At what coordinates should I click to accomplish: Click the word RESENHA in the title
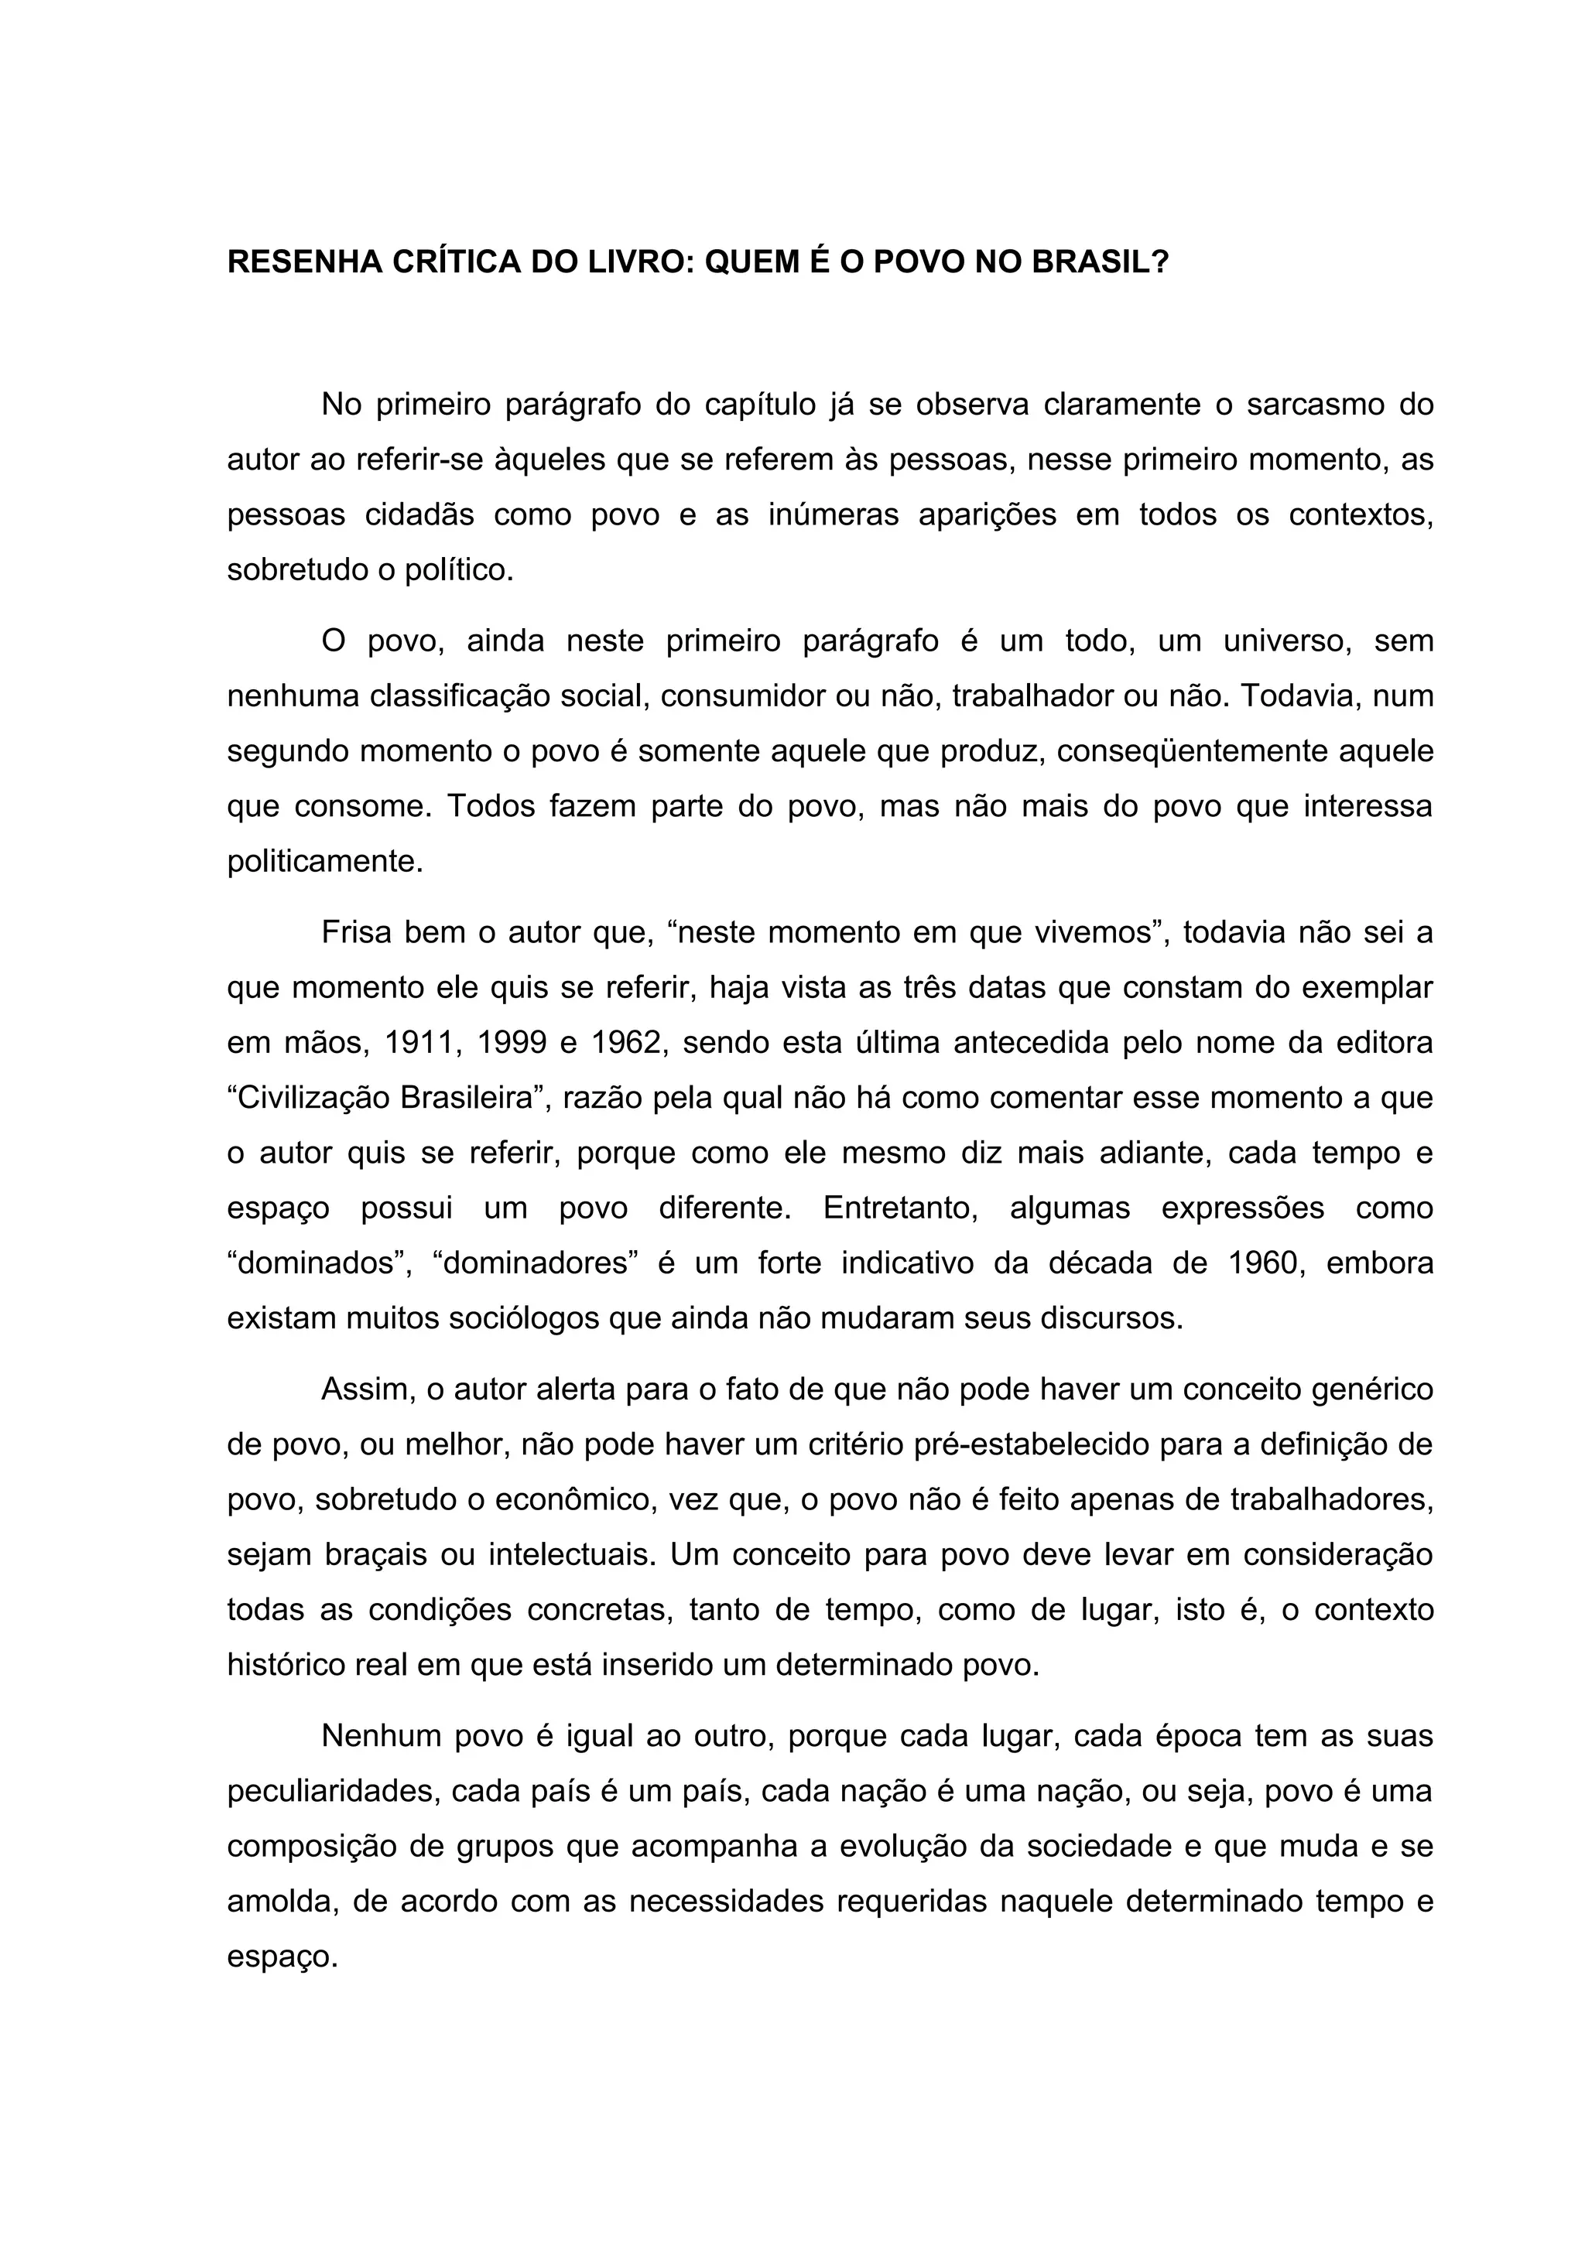(303, 263)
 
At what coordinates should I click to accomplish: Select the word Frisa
(354, 932)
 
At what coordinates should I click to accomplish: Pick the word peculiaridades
(331, 1792)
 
